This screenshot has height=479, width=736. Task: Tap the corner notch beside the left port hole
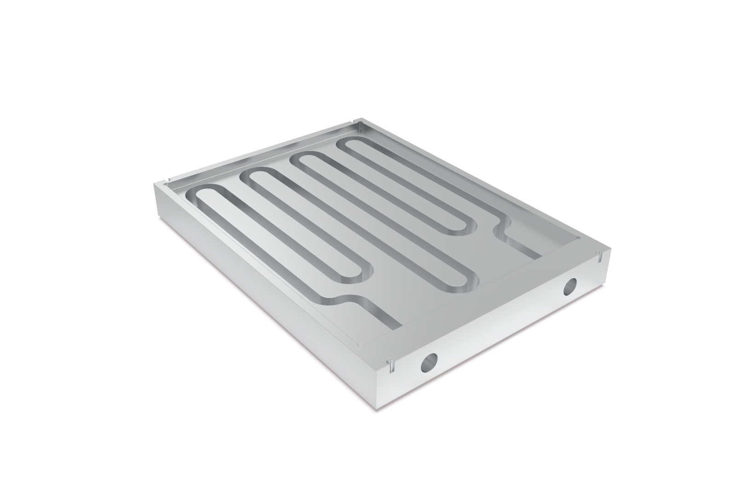(391, 367)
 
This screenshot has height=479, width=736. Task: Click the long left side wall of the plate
(258, 286)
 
